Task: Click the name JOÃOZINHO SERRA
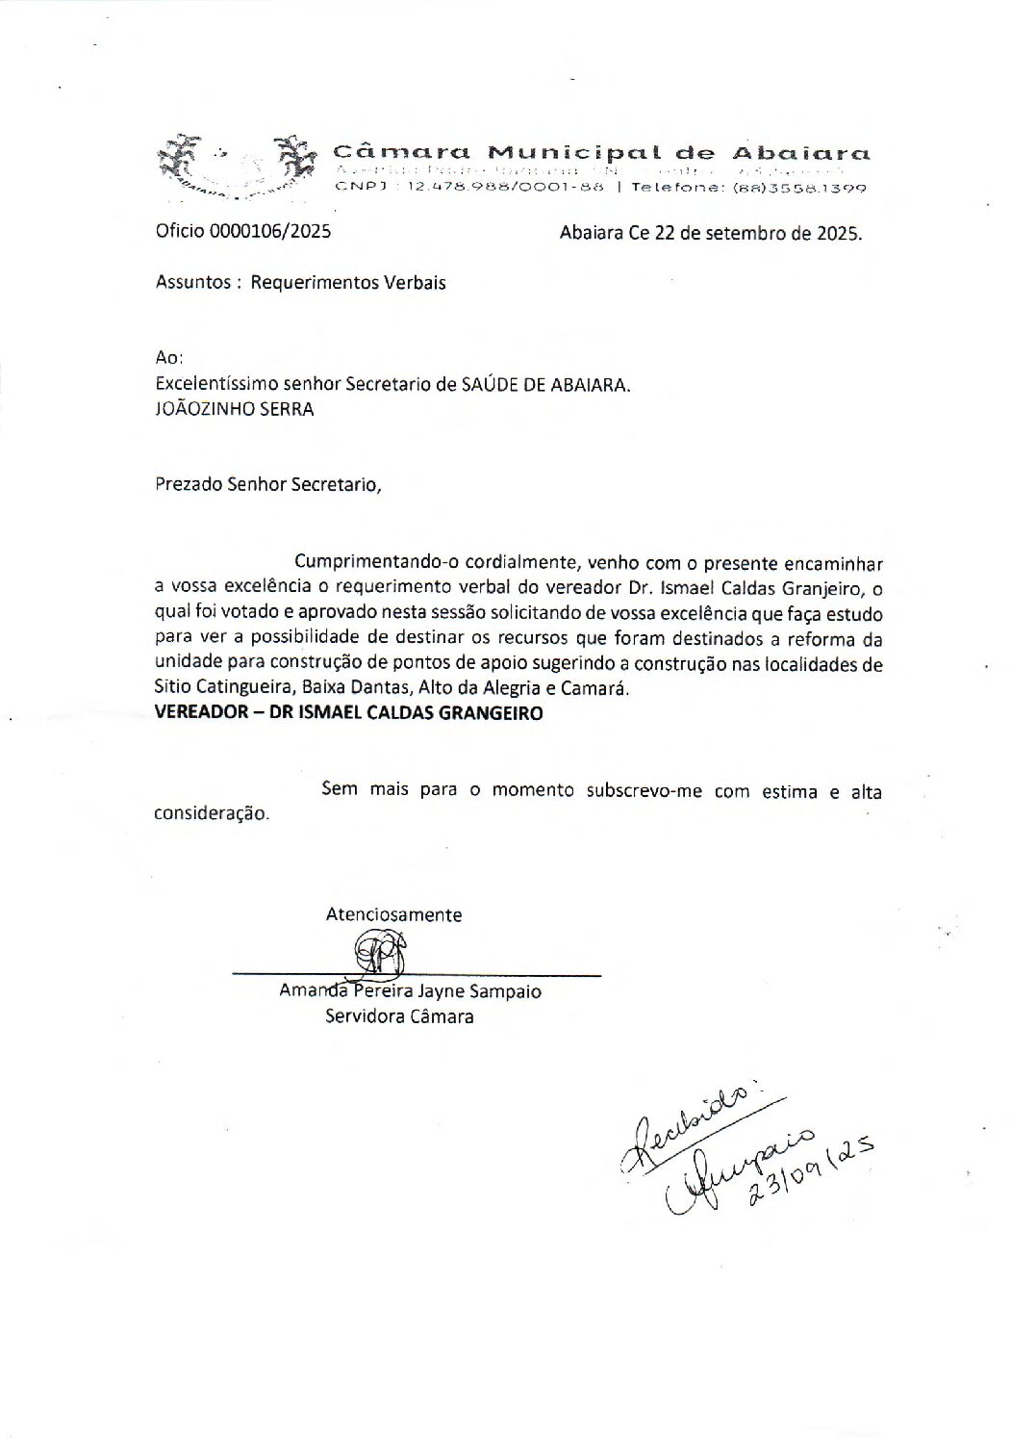click(234, 408)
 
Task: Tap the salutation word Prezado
click(189, 484)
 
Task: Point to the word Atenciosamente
click(393, 915)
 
